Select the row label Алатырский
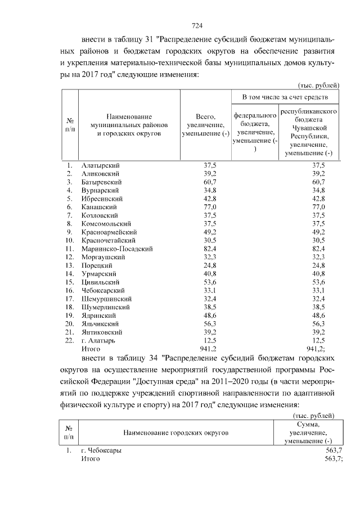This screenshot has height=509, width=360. (101, 165)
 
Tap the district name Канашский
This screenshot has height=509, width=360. (99, 207)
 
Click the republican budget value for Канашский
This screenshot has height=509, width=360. (318, 207)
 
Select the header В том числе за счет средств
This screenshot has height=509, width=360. (285, 97)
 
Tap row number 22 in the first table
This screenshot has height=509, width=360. (70, 340)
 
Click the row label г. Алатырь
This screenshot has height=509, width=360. (98, 340)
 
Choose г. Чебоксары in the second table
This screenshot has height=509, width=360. (101, 451)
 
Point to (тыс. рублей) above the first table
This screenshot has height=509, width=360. (317, 85)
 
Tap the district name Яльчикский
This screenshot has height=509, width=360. (100, 323)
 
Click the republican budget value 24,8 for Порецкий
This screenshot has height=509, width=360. (318, 265)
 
